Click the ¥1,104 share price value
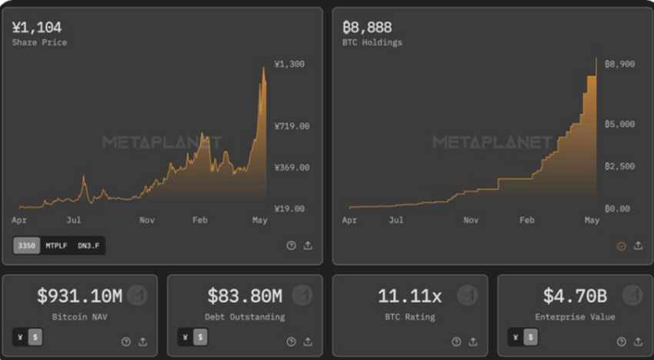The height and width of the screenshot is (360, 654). [x=37, y=28]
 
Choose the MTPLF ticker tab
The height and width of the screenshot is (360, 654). [x=56, y=245]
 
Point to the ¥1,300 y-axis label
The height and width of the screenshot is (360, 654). [x=289, y=65]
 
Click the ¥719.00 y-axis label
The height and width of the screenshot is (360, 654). [x=292, y=126]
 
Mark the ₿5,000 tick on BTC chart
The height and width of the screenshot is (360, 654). [x=619, y=124]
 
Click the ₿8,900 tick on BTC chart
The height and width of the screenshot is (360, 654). [x=619, y=65]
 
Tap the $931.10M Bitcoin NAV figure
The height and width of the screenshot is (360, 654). [x=79, y=295]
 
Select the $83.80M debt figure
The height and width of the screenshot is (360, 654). [x=244, y=295]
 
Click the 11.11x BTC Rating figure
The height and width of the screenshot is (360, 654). [x=409, y=295]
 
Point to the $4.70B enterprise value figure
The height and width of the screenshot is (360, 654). [x=575, y=295]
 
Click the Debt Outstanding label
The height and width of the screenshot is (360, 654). [x=245, y=317]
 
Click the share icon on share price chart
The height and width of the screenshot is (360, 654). [x=308, y=246]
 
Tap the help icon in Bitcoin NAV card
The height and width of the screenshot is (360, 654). [x=126, y=342]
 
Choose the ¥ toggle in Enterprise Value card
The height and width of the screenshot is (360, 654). [x=515, y=337]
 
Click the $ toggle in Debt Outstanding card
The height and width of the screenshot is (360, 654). [x=200, y=337]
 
